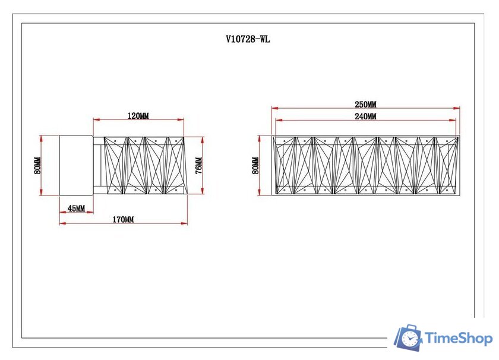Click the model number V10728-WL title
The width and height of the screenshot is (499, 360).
pos(248,39)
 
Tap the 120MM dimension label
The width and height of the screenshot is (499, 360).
pos(138,116)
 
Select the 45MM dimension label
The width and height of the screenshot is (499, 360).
pos(77,209)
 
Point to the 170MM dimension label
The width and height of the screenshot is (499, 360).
pos(123,219)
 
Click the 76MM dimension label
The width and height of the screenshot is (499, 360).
pos(198,166)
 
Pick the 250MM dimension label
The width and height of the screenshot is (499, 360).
pos(365,105)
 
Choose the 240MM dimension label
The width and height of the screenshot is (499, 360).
pos(365,116)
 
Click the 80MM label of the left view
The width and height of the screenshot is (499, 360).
pos(37,166)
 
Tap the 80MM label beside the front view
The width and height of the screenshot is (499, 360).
pos(255,166)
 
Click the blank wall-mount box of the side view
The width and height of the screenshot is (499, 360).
pos(77,165)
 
